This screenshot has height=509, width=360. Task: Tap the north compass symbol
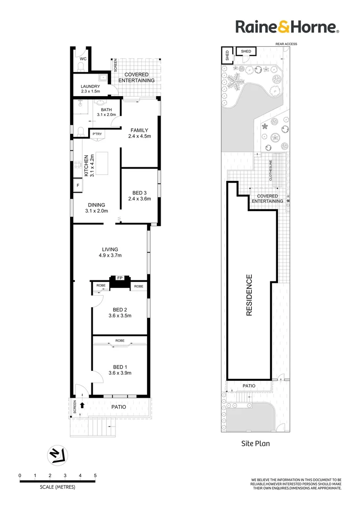click(x=57, y=455)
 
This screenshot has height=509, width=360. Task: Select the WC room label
click(x=82, y=59)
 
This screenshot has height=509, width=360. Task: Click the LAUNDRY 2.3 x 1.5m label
click(x=90, y=89)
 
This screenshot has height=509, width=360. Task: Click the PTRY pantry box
click(x=98, y=134)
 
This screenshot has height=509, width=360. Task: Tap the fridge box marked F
click(x=78, y=185)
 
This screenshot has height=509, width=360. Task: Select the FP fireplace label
click(x=120, y=278)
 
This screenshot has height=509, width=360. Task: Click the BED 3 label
click(x=139, y=196)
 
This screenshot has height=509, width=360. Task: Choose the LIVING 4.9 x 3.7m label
click(x=110, y=253)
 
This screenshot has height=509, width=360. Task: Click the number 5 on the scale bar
click(x=95, y=476)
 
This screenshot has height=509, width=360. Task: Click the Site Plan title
click(x=255, y=443)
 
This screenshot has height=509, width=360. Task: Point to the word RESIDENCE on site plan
click(x=249, y=295)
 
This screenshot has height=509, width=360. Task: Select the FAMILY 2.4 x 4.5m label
click(x=139, y=133)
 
